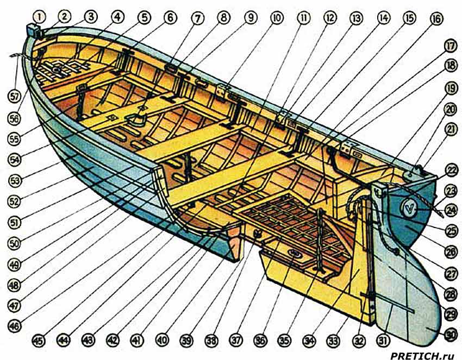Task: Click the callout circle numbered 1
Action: pos(39,17)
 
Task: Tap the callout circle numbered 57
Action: pos(15,97)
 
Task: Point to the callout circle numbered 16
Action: pos(435,18)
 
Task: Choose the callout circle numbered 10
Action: pos(277,18)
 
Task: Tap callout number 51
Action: pos(15,222)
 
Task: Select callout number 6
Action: pos(171,18)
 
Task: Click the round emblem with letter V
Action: pos(408,206)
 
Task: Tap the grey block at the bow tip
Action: pos(34,31)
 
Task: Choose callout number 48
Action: pos(15,284)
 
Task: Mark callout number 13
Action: pos(356,18)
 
